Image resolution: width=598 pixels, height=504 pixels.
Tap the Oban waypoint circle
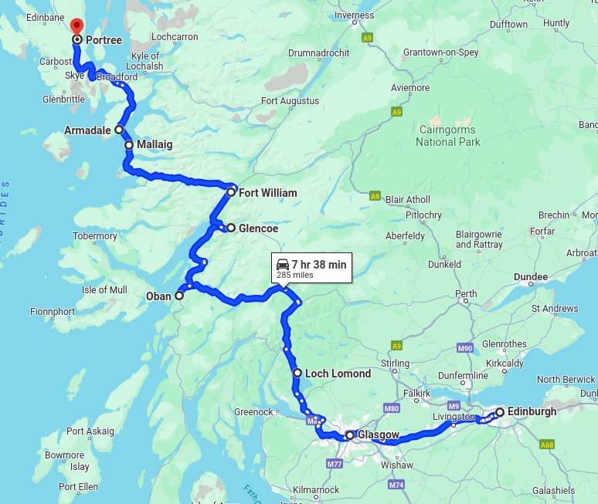click(179, 296)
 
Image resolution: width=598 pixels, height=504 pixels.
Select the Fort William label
click(267, 193)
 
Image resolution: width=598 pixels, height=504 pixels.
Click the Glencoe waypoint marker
click(230, 228)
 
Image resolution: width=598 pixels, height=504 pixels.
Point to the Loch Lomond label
click(338, 374)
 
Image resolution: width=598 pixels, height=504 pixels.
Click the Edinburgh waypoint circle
click(500, 412)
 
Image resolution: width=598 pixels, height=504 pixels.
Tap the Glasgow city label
click(379, 435)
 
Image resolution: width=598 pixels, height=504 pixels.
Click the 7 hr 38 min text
click(319, 265)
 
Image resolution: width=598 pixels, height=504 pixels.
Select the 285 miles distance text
click(294, 276)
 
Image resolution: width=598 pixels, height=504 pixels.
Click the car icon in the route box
click(283, 265)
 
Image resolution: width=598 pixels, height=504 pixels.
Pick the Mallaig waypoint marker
click(129, 144)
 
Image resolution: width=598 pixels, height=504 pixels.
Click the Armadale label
click(87, 130)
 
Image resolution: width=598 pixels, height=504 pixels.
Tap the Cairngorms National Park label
click(447, 136)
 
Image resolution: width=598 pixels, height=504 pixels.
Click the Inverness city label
click(354, 15)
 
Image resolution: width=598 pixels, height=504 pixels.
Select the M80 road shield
click(392, 408)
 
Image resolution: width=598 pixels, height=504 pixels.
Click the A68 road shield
click(548, 445)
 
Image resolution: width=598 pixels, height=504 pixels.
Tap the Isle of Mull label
click(104, 290)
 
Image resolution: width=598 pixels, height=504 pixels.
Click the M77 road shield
click(335, 464)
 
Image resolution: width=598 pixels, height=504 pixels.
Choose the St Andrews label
click(555, 309)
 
